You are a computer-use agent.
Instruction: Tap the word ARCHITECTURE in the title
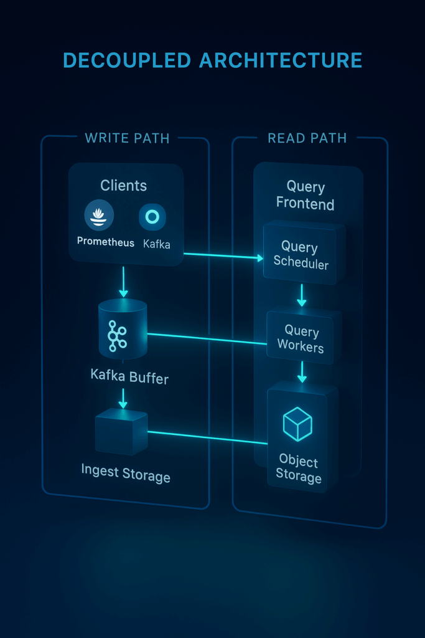(281, 60)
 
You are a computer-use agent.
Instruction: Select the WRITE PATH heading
(127, 138)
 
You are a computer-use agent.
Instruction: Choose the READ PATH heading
(307, 138)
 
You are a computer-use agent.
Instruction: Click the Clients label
(123, 186)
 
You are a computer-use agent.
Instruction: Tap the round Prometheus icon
(99, 216)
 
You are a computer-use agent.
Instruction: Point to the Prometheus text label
(105, 242)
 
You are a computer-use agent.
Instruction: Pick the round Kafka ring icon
(152, 216)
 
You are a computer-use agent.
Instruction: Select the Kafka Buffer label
(129, 376)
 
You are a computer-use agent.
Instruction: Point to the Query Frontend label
(305, 195)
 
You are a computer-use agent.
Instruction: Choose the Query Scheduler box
(301, 255)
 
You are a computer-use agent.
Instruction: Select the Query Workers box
(301, 339)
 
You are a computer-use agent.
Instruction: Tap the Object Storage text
(299, 469)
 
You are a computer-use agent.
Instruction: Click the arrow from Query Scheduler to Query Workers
(302, 295)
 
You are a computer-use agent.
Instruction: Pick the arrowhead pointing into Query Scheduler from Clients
(259, 257)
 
